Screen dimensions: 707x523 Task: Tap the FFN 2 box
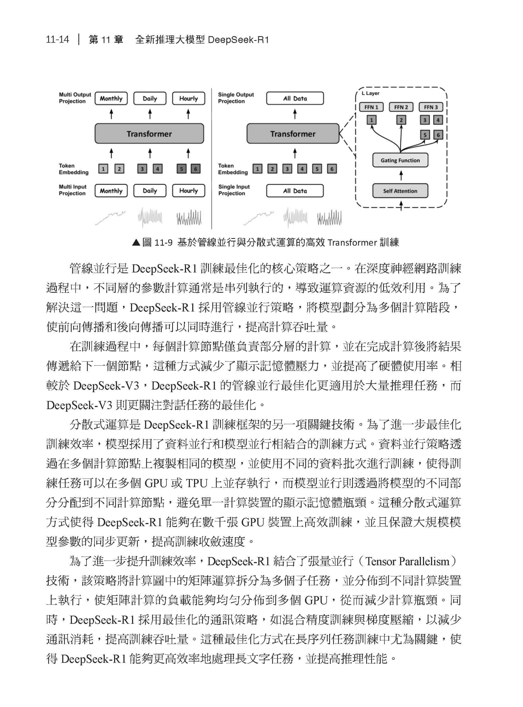click(x=401, y=107)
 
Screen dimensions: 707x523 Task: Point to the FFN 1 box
click(x=371, y=107)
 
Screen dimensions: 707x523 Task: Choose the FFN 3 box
click(x=431, y=107)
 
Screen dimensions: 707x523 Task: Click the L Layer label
click(x=370, y=93)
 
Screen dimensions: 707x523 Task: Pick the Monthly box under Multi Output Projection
click(x=111, y=98)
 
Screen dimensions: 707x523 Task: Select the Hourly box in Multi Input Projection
click(x=188, y=191)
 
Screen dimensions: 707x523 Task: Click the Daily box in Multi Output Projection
click(x=150, y=98)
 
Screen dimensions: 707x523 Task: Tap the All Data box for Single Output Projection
click(x=295, y=98)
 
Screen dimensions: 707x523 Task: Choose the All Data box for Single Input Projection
click(x=295, y=191)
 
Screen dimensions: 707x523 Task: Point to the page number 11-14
click(x=57, y=39)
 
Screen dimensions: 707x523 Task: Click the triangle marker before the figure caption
click(x=136, y=243)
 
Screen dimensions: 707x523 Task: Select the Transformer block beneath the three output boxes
click(x=149, y=134)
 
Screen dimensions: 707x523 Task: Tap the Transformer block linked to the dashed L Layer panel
click(x=292, y=134)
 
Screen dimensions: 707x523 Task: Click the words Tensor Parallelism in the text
click(x=407, y=562)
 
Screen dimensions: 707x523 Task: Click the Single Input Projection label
click(x=234, y=190)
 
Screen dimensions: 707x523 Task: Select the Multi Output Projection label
click(x=75, y=98)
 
